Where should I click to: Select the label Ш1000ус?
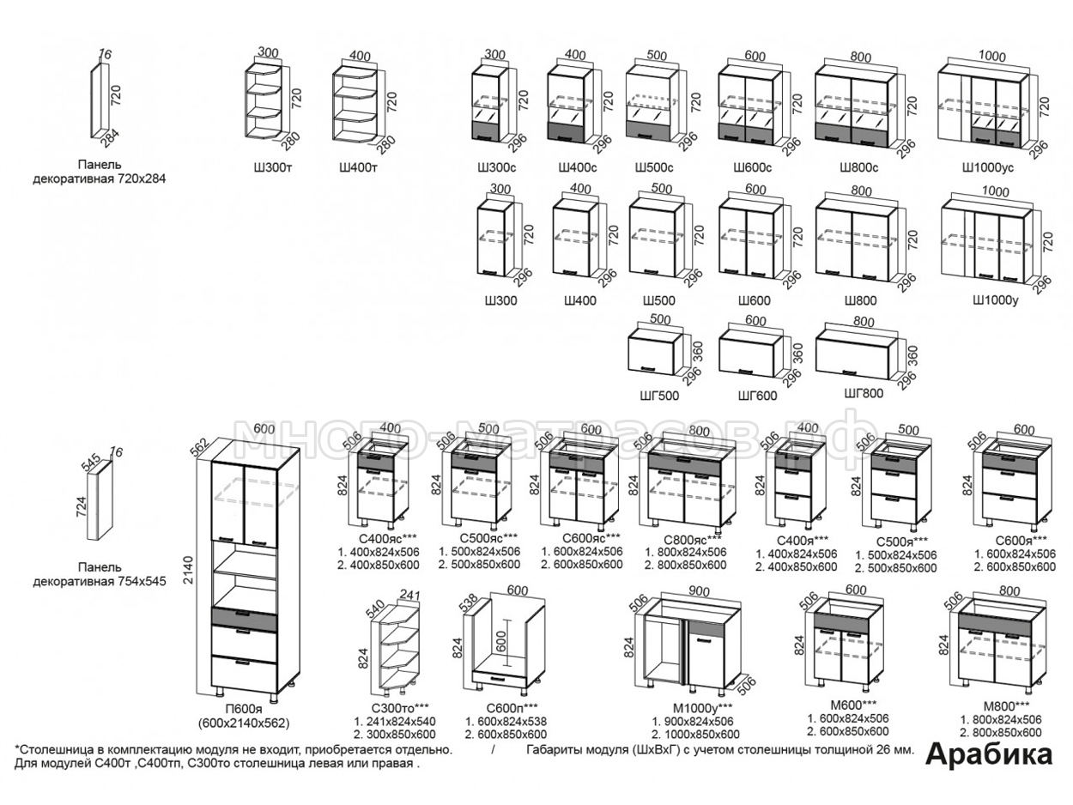coord(988,167)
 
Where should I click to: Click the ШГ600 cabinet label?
coord(757,396)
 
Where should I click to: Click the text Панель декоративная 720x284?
coord(99,172)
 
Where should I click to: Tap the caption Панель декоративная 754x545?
coord(99,574)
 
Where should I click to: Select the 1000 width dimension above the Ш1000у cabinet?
coord(996,191)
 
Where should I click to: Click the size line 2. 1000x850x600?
coord(695,735)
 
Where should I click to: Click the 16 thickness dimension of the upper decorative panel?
coord(105,55)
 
